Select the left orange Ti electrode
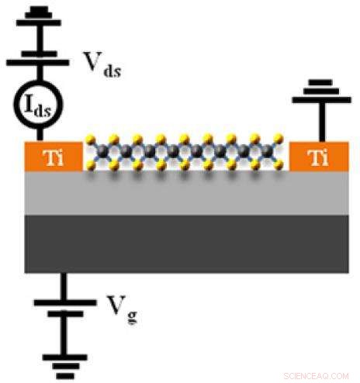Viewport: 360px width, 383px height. tap(53, 156)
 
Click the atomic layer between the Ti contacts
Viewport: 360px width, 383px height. tap(184, 153)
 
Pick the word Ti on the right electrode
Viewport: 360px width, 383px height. tap(316, 157)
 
